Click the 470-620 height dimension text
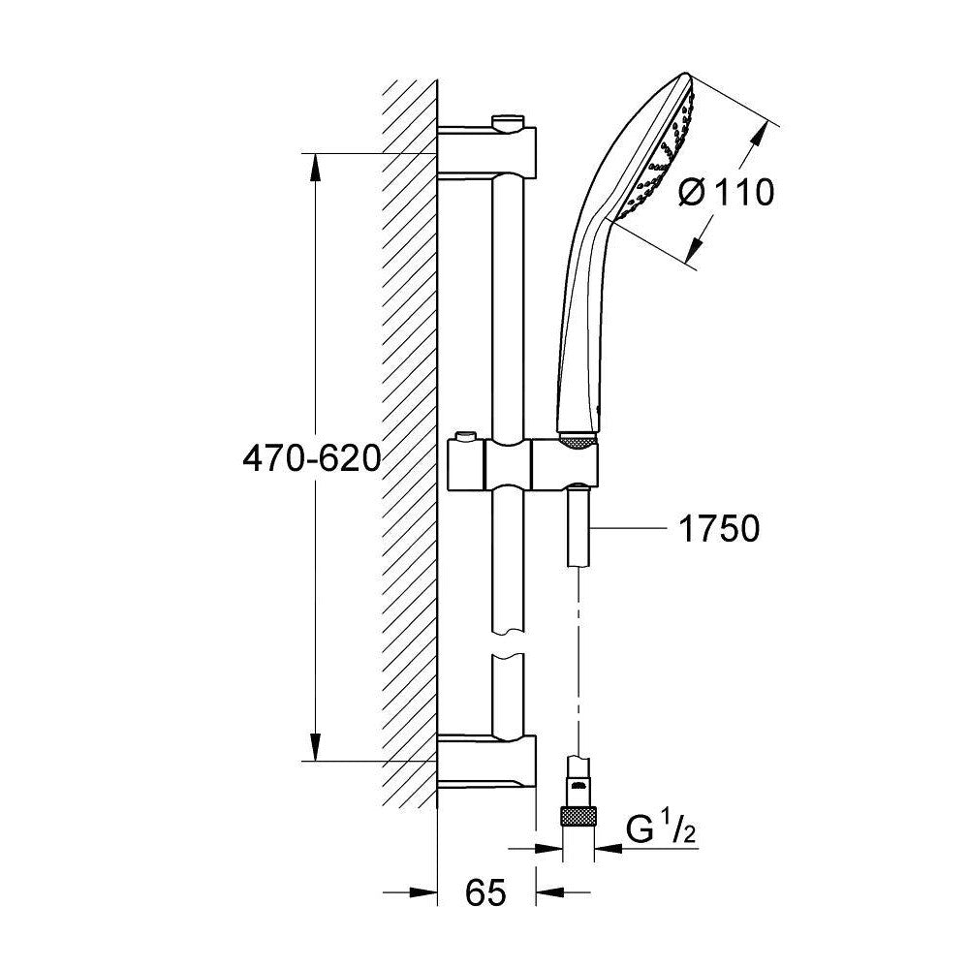coord(311,458)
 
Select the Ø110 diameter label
coord(727,193)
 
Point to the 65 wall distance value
coord(485,892)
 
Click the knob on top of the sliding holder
coord(466,438)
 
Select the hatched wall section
coord(409,455)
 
